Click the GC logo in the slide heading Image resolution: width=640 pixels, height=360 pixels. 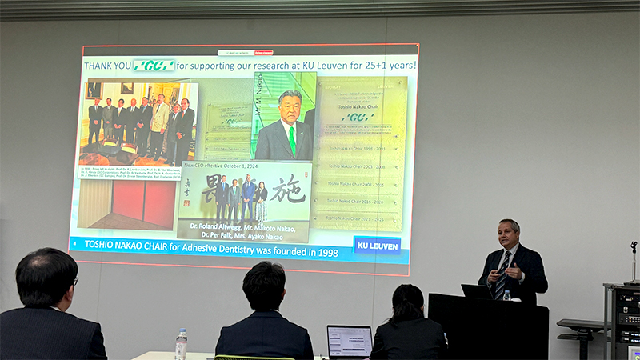[x=154, y=65]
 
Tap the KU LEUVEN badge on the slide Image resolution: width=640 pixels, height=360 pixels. [x=377, y=245]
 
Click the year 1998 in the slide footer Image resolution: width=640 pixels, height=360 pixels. [x=323, y=253]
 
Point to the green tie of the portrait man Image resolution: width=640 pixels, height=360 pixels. [x=292, y=140]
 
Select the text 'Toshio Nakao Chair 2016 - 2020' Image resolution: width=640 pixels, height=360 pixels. [x=361, y=201]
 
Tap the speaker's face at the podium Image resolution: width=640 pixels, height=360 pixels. [x=508, y=236]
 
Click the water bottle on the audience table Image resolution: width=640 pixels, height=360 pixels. [x=181, y=344]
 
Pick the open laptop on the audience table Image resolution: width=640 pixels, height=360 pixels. [x=349, y=341]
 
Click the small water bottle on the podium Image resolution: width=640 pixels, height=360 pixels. [x=507, y=296]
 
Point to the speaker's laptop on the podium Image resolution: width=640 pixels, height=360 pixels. [x=477, y=292]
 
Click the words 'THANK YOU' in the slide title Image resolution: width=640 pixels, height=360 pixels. [x=107, y=66]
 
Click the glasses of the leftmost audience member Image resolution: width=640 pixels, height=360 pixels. [x=74, y=281]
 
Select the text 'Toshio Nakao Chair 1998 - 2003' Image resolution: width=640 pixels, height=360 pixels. [x=361, y=149]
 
